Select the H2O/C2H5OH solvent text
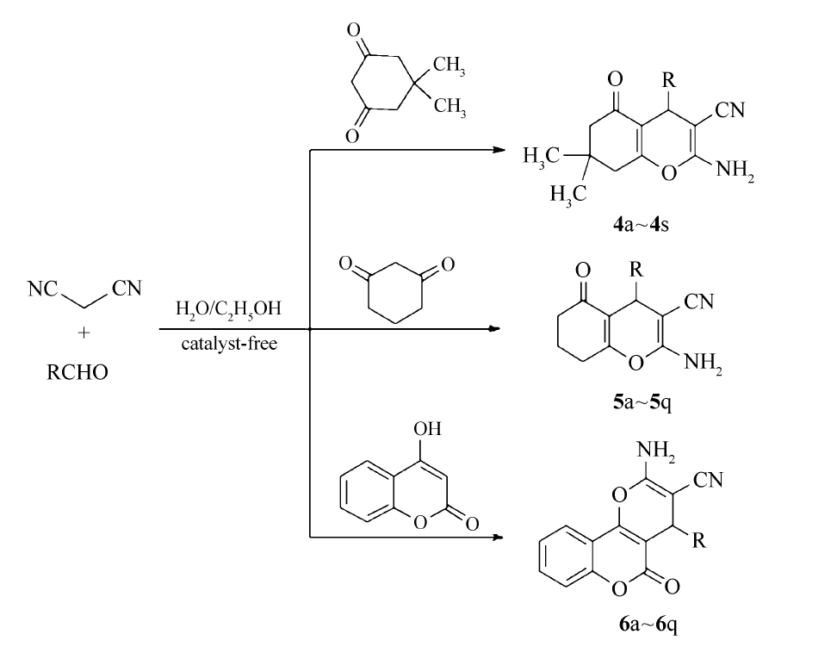pyautogui.click(x=227, y=308)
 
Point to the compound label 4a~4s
pyautogui.click(x=642, y=226)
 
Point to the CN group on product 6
pyautogui.click(x=712, y=481)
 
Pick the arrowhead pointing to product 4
pyautogui.click(x=498, y=150)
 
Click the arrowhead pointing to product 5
pyautogui.click(x=493, y=328)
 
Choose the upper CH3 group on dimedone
pyautogui.click(x=449, y=65)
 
